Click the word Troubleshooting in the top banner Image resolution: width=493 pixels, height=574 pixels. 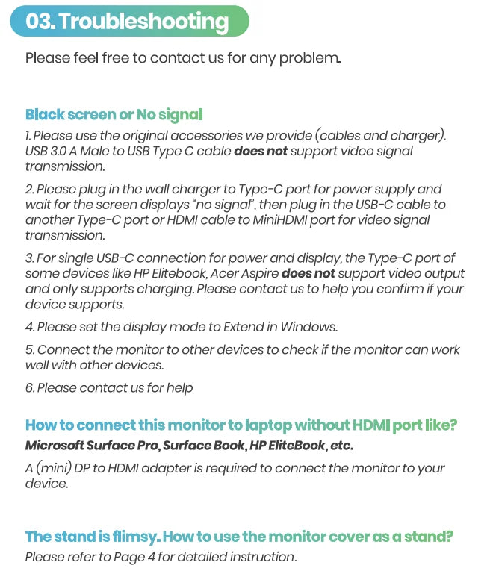click(x=143, y=22)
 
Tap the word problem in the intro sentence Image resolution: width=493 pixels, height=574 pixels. click(x=308, y=57)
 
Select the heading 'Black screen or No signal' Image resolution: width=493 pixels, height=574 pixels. click(x=114, y=115)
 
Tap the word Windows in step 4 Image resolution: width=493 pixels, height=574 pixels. click(x=309, y=326)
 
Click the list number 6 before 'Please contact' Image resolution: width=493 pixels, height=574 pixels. click(x=29, y=387)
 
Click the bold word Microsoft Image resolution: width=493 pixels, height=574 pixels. click(x=55, y=446)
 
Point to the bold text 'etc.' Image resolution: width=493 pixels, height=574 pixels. click(x=341, y=446)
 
